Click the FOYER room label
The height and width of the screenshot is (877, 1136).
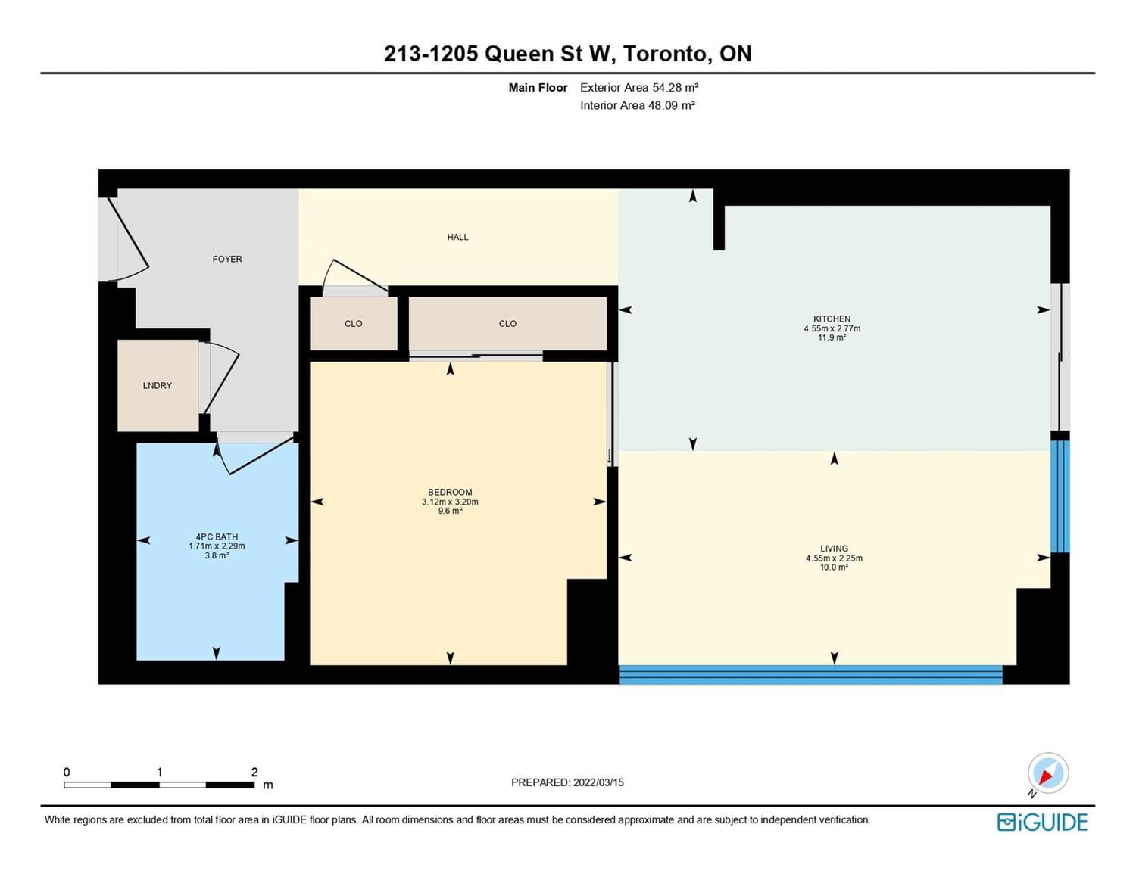227,259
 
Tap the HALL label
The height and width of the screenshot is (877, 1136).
457,237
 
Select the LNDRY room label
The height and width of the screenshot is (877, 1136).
158,385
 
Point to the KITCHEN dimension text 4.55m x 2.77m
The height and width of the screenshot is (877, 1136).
832,328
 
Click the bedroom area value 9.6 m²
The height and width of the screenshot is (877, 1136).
450,511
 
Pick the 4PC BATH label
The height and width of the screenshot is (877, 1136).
217,536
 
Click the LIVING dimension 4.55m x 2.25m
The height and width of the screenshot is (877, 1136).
834,558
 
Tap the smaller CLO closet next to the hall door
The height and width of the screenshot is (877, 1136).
354,324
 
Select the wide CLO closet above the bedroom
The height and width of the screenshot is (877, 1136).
507,324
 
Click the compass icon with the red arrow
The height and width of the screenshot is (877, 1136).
1047,773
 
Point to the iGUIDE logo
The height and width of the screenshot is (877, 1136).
1042,822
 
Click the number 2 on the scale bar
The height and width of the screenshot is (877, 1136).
254,772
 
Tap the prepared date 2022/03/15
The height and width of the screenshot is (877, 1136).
598,782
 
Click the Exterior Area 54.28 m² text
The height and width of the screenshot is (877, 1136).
639,88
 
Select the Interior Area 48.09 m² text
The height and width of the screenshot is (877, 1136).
637,105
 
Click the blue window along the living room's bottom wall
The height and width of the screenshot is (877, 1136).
811,674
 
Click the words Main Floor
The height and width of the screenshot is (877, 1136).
538,88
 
